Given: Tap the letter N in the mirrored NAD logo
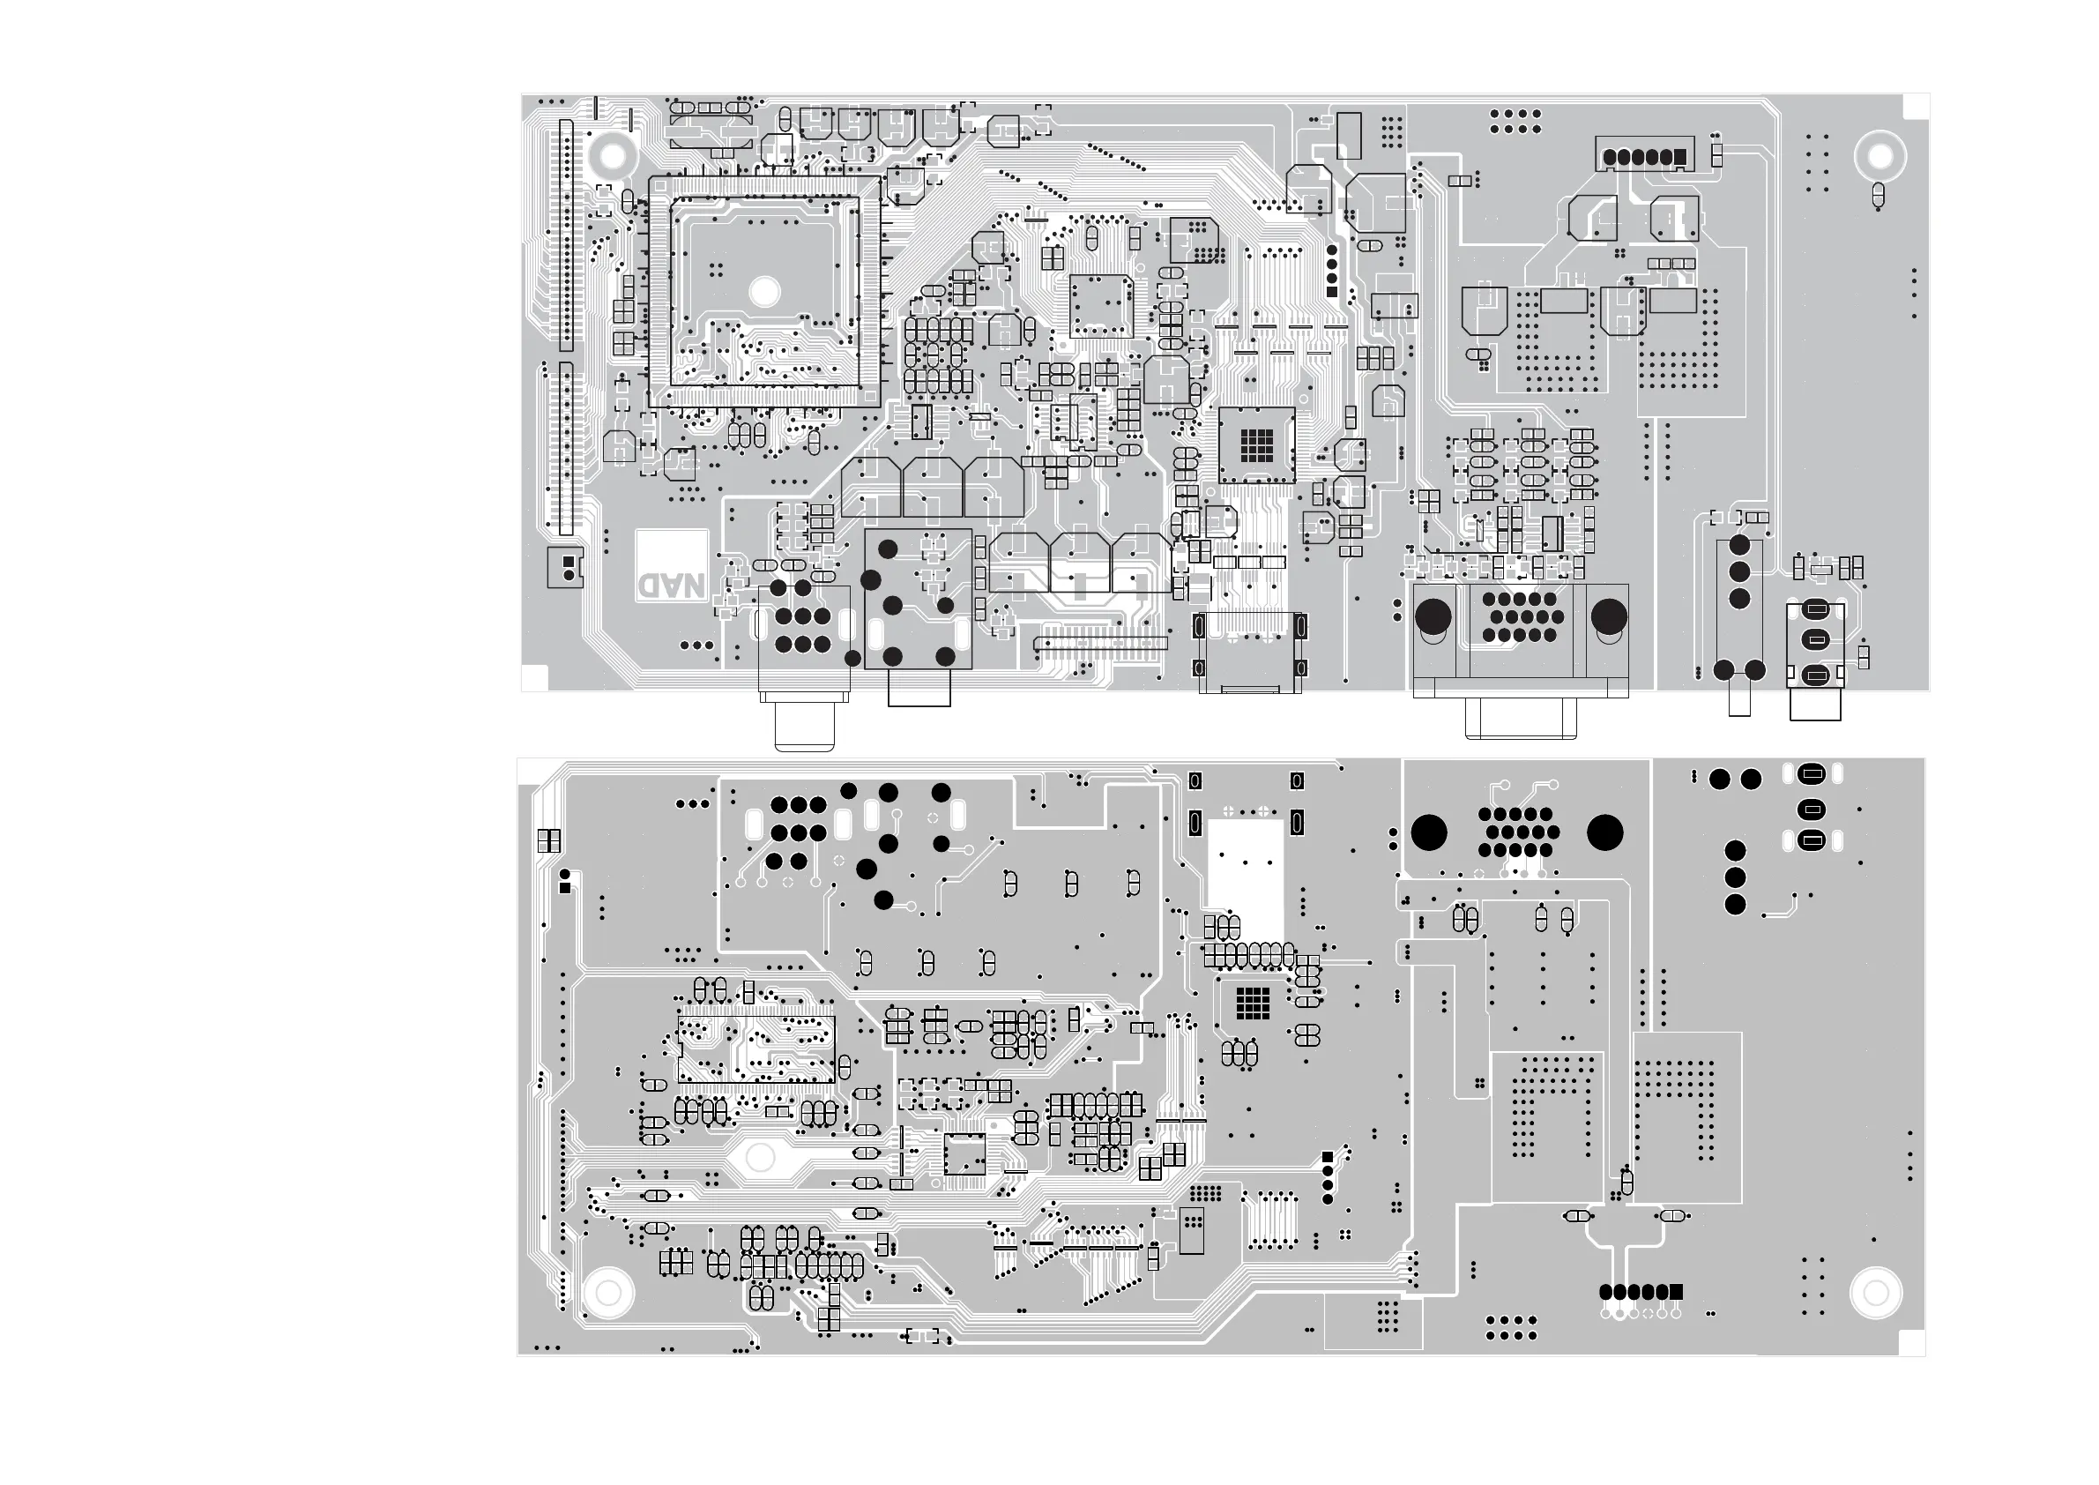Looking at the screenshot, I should click(695, 586).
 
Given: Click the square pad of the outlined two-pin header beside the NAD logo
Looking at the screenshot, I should click(568, 561).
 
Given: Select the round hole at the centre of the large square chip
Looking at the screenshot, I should click(764, 291).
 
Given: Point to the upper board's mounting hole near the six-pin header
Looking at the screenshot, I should click(1879, 156).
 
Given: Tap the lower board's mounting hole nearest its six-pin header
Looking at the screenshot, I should click(1875, 1292).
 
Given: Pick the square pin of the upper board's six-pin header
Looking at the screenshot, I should click(1678, 157).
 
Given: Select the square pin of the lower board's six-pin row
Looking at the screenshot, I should click(1676, 1291).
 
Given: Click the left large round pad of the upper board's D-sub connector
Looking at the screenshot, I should click(1433, 615).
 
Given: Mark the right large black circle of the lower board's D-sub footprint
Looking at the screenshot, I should click(1604, 832).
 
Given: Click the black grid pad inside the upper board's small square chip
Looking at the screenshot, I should click(1256, 444).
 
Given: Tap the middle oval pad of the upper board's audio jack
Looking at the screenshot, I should click(1816, 640).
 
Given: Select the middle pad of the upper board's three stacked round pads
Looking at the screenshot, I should click(1738, 572).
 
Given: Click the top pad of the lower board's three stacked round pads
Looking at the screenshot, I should click(1734, 851).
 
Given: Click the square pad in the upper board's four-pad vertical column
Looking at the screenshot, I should click(1332, 292).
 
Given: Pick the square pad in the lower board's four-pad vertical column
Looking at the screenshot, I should click(1328, 1157).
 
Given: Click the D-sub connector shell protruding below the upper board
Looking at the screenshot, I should click(1521, 719).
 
